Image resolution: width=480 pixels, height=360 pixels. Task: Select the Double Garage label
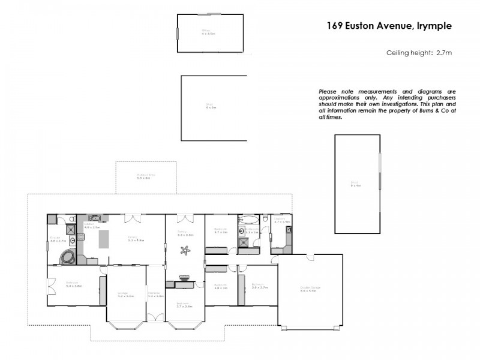310,288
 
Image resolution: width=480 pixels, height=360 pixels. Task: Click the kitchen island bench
104,239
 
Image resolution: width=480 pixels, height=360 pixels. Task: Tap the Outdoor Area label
146,176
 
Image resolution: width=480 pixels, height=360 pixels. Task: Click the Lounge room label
126,294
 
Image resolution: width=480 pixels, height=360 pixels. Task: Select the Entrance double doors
155,316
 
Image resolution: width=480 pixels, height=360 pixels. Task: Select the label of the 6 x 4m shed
356,184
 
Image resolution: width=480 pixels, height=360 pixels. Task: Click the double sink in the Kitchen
96,218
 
